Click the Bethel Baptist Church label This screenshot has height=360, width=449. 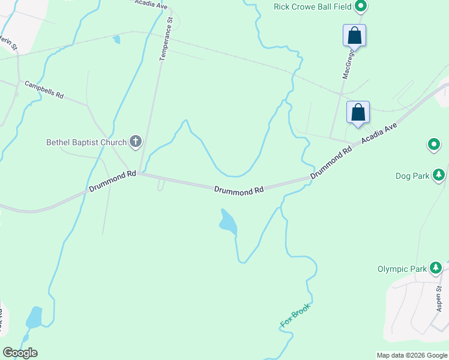pyautogui.click(x=86, y=142)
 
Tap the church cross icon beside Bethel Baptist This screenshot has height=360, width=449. pyautogui.click(x=136, y=142)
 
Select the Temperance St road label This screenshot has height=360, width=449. pyautogui.click(x=166, y=38)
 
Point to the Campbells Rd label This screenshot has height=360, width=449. pyautogui.click(x=44, y=89)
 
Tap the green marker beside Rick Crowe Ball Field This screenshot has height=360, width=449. pyautogui.click(x=361, y=7)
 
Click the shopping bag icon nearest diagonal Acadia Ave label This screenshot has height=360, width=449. pyautogui.click(x=358, y=112)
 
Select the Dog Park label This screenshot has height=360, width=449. pyautogui.click(x=412, y=176)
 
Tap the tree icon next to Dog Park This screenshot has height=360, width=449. pyautogui.click(x=439, y=175)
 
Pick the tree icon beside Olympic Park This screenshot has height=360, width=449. pyautogui.click(x=436, y=268)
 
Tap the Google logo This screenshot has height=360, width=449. pyautogui.click(x=20, y=353)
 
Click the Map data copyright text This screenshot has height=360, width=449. pyautogui.click(x=412, y=355)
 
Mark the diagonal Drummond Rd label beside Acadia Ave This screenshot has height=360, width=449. pyautogui.click(x=331, y=163)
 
